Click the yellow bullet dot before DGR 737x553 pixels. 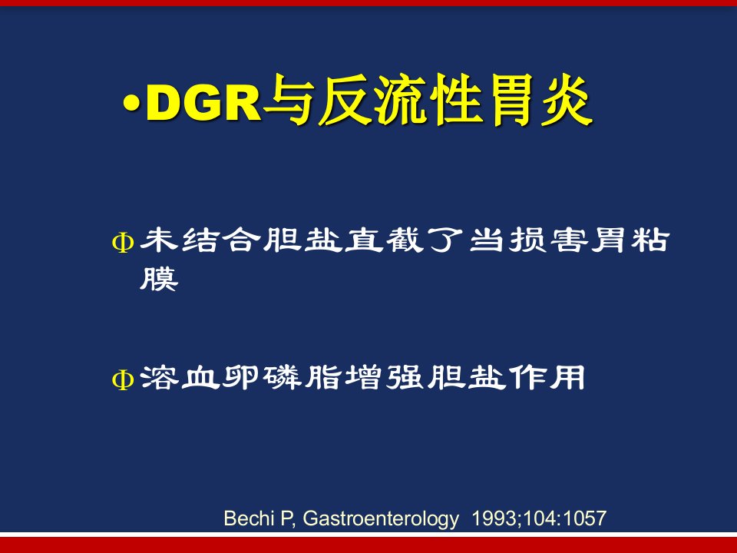(132, 104)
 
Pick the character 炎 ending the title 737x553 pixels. (567, 101)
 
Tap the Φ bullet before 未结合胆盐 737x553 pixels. (123, 243)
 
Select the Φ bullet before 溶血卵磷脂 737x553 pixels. (123, 379)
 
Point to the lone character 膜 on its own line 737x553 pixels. (159, 279)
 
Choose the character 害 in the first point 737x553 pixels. (569, 240)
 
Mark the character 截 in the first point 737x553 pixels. (405, 240)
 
